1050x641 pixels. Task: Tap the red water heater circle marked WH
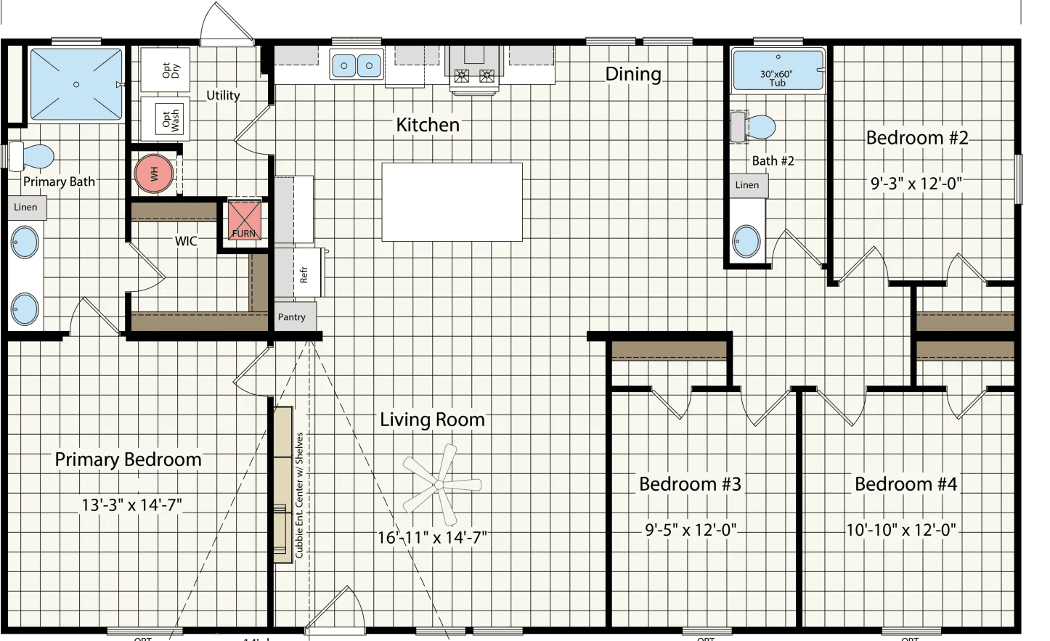[x=154, y=173]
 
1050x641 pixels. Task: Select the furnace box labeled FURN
[x=244, y=219]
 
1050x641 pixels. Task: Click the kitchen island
[x=452, y=202]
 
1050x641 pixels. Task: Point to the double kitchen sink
[x=357, y=65]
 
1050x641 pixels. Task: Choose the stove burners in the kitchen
[x=474, y=75]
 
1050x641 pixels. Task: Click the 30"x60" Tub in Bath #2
[x=778, y=70]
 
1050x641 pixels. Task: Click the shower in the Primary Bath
[x=76, y=84]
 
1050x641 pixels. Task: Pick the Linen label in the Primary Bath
[x=26, y=208]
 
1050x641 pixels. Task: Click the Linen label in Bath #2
[x=747, y=185]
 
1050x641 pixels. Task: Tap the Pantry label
[x=292, y=317]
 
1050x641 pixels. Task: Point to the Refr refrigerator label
[x=304, y=274]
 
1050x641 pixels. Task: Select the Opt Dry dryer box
[x=166, y=70]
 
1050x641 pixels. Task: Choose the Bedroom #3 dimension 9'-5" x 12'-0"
[x=691, y=530]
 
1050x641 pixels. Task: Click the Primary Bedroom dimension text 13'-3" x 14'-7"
[x=131, y=505]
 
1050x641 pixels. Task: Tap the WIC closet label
[x=186, y=241]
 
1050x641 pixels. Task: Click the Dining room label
[x=633, y=74]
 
